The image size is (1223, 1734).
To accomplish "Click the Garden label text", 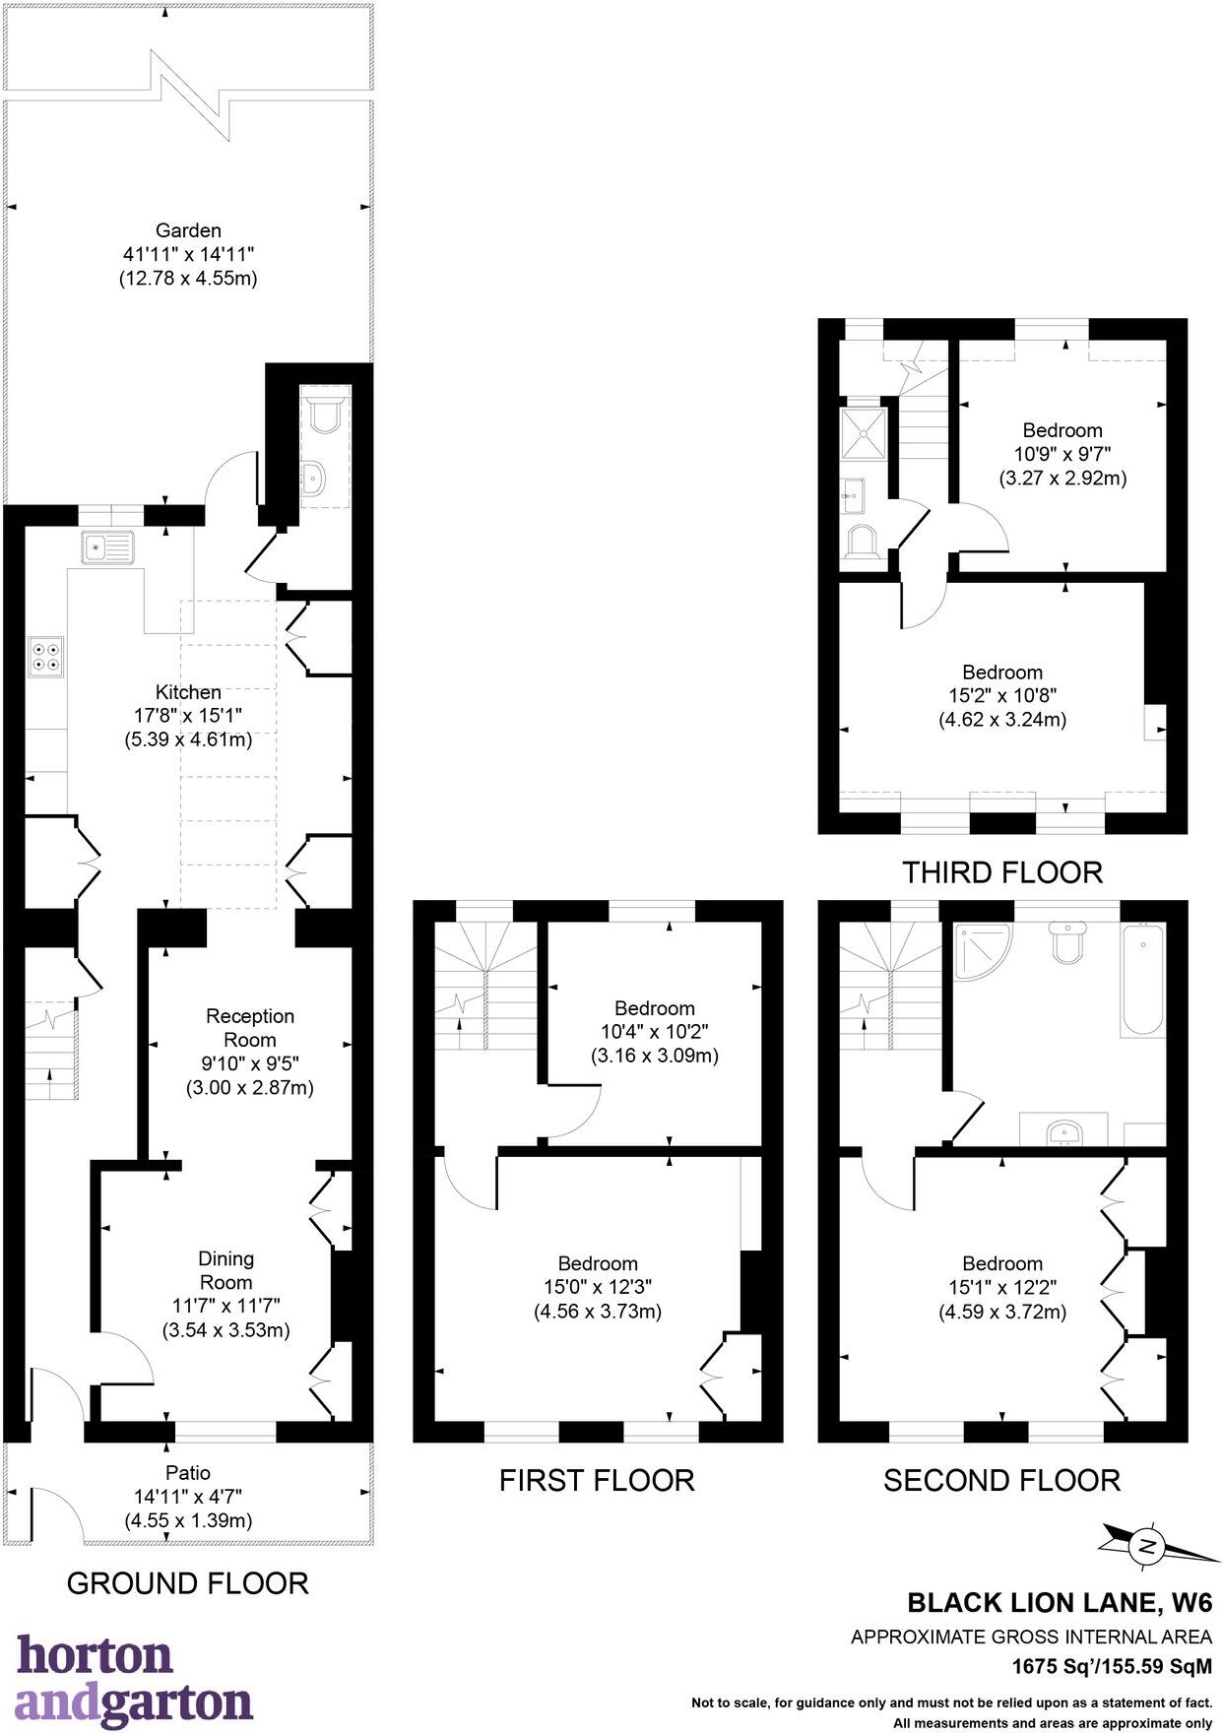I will (188, 231).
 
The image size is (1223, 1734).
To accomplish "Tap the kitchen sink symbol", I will (107, 546).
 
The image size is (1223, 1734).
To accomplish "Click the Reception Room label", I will (250, 1028).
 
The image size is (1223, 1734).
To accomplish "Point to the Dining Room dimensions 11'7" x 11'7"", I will (226, 1307).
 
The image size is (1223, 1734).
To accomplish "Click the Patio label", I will (188, 1473).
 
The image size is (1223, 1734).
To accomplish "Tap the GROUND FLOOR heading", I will (187, 1583).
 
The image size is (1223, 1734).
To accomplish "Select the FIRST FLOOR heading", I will (597, 1480).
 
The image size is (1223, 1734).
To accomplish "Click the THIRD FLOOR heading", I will (1002, 872).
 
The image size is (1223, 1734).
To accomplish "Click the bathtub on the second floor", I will (1142, 979).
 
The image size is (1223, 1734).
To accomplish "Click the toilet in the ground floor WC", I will (324, 416).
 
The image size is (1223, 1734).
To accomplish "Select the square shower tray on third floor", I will (864, 434).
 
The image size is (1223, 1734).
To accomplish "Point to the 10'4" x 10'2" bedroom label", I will (655, 1032).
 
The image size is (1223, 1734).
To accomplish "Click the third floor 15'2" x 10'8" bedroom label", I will (1002, 695).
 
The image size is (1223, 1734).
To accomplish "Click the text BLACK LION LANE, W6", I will (1060, 1602).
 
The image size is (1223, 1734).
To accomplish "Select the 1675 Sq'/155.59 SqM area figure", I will (1112, 1667).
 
